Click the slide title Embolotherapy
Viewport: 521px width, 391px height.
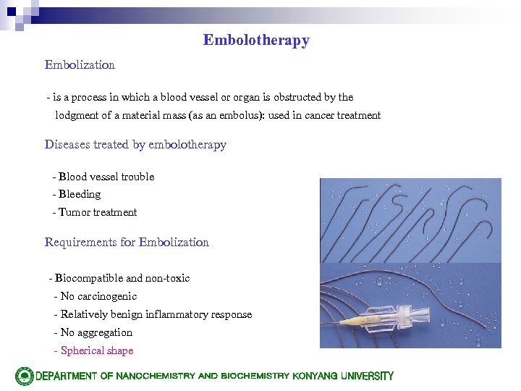[256, 41]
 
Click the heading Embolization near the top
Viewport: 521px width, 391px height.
[80, 65]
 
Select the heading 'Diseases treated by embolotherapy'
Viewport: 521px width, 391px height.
[135, 145]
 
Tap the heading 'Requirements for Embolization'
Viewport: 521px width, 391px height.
[127, 243]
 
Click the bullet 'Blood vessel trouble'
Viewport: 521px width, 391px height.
[106, 177]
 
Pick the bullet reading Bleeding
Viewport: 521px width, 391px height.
[80, 194]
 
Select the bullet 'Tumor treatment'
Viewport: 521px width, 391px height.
[97, 212]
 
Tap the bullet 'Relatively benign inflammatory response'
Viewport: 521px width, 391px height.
[156, 314]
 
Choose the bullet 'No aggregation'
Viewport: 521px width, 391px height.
[96, 332]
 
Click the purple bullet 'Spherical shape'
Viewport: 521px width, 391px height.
[97, 350]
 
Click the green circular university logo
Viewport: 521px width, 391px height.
[24, 376]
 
